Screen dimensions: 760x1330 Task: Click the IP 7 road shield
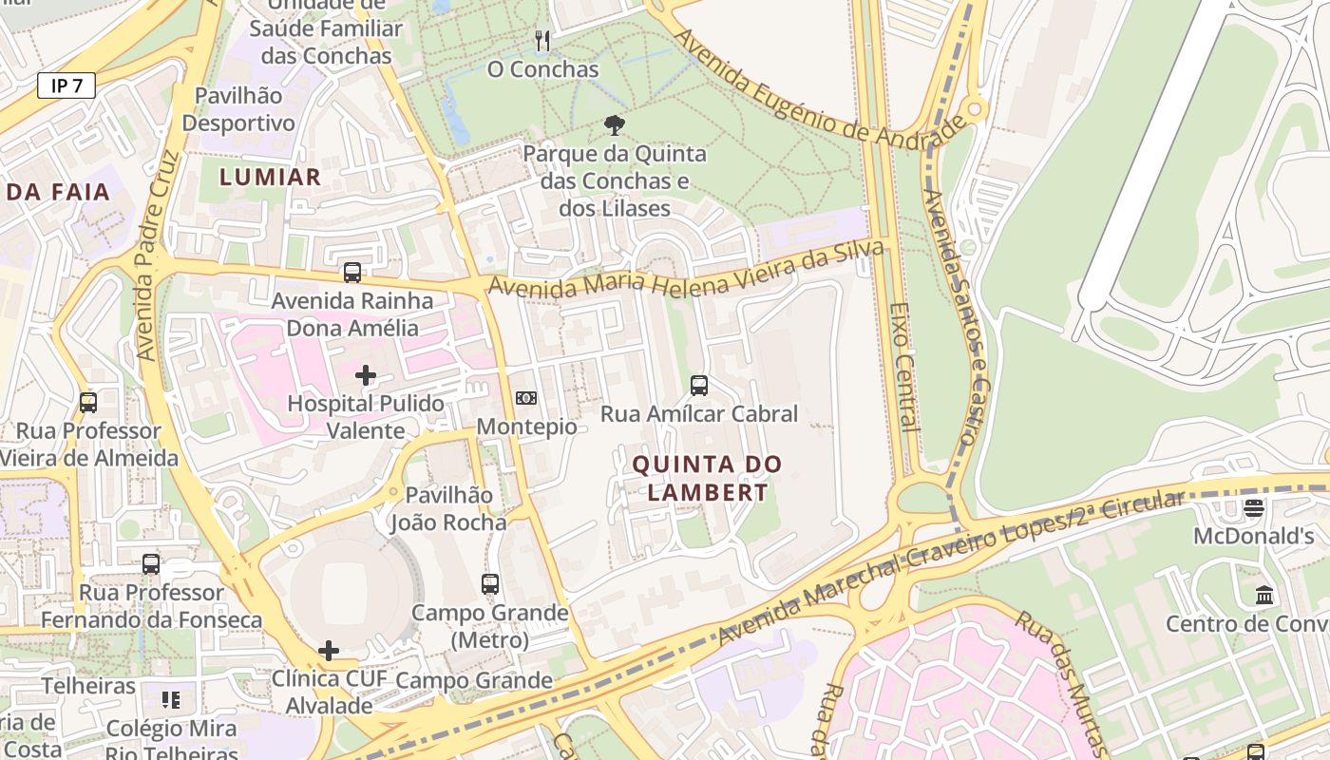point(66,85)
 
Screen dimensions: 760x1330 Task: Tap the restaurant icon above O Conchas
point(542,40)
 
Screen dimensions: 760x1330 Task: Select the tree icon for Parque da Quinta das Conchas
point(615,124)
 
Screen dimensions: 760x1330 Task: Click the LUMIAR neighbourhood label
point(270,177)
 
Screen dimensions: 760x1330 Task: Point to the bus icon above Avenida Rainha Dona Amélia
point(352,273)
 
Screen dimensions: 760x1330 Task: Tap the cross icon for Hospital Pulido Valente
point(365,375)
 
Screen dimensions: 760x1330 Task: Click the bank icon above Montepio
point(525,398)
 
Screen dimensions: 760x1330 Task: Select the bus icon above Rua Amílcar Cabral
point(699,385)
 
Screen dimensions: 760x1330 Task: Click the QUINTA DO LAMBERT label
point(707,478)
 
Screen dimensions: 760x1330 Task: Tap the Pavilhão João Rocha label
point(448,508)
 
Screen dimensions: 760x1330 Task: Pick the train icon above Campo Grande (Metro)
point(490,584)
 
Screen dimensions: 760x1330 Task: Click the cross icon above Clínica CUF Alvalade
point(329,651)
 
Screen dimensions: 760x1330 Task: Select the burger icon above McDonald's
point(1254,507)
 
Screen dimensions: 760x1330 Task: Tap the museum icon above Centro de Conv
point(1264,596)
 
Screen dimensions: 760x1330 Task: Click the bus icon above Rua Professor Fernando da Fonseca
point(151,563)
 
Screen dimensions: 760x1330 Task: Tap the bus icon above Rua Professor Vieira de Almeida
point(88,402)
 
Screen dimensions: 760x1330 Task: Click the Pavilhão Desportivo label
point(238,109)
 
